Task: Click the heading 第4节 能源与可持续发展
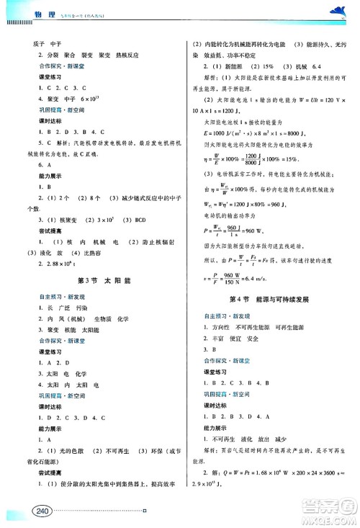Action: coord(271,298)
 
